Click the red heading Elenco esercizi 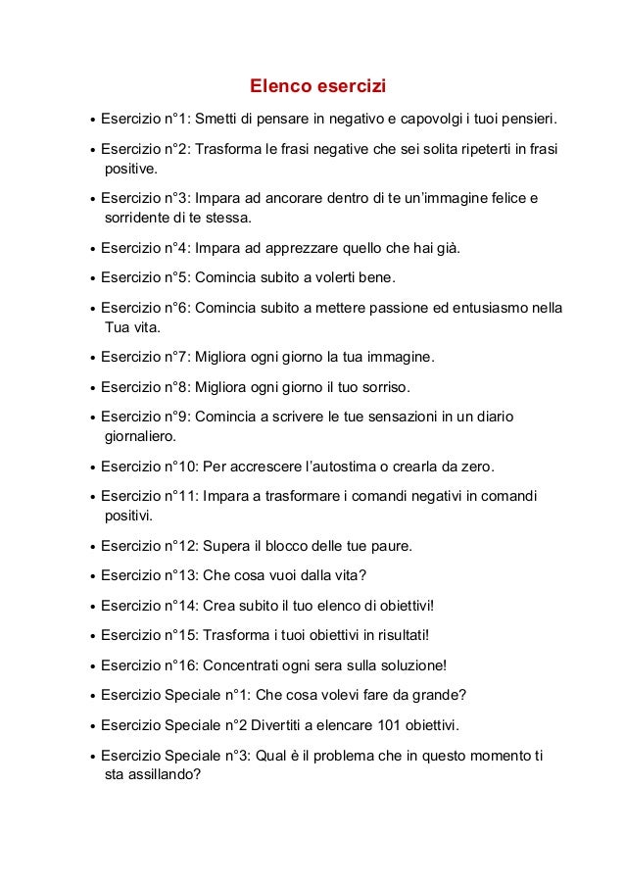pos(312,87)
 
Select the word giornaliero pos(139,434)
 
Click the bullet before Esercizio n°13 pos(91,576)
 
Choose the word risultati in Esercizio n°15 pos(396,634)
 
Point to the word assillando pos(165,774)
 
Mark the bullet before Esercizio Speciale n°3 pos(91,758)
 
